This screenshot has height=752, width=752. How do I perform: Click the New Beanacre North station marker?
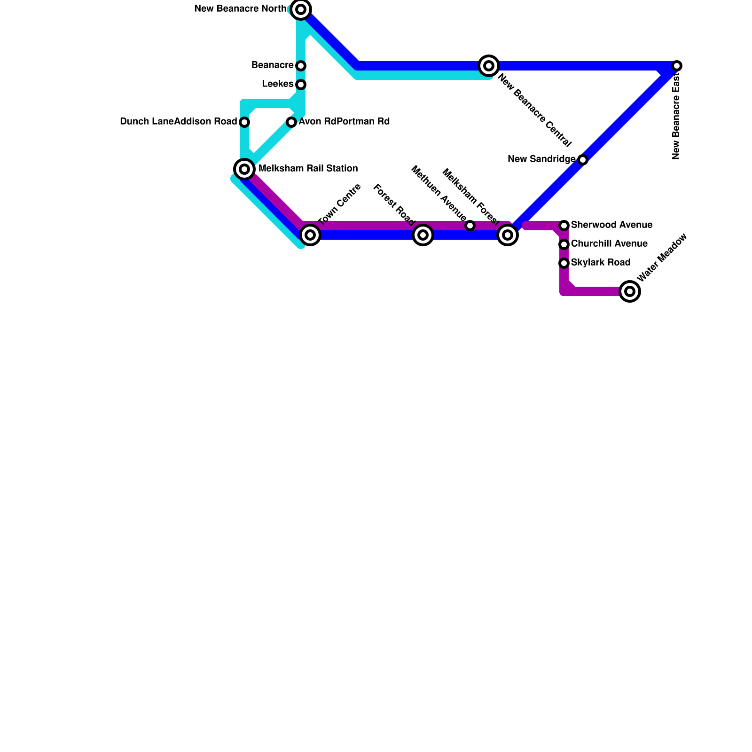301,9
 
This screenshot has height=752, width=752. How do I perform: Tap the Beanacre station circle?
301,66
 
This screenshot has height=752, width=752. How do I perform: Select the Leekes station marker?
301,85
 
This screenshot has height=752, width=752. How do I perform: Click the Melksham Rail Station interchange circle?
244,169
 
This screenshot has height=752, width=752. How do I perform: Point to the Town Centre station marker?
310,235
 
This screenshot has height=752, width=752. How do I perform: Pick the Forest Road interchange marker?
423,235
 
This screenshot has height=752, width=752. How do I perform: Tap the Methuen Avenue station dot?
470,226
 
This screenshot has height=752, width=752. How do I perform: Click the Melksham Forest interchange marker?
508,235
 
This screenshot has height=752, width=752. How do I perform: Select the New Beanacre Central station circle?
489,66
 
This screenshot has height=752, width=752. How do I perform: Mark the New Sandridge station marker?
583,160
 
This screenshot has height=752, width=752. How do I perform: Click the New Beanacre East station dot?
677,66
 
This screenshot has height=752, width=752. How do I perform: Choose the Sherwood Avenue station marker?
564,226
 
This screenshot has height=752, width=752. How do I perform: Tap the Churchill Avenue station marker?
564,244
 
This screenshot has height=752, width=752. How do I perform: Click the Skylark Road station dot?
564,263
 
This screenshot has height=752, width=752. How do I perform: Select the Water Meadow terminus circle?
630,291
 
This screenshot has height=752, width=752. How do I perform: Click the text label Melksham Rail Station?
308,169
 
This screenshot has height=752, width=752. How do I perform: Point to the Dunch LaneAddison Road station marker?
244,122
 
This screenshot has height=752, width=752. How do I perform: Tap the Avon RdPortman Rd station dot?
291,122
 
